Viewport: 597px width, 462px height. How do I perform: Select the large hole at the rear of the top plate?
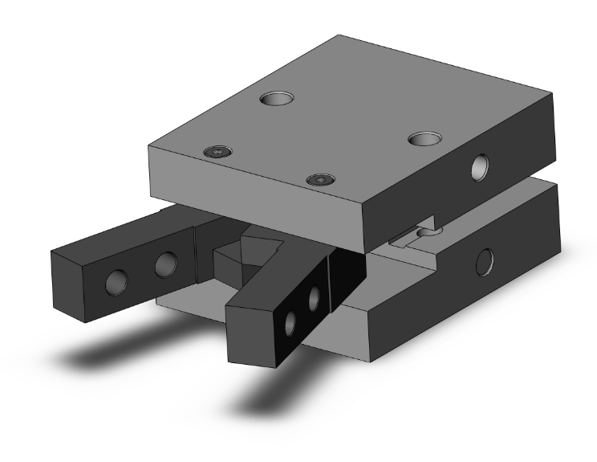point(276,99)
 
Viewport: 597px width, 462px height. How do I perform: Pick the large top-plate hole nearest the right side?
point(424,138)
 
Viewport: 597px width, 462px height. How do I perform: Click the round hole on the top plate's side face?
point(481,166)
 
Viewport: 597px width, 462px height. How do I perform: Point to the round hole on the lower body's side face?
point(484,260)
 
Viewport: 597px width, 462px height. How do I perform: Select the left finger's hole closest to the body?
point(166,263)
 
